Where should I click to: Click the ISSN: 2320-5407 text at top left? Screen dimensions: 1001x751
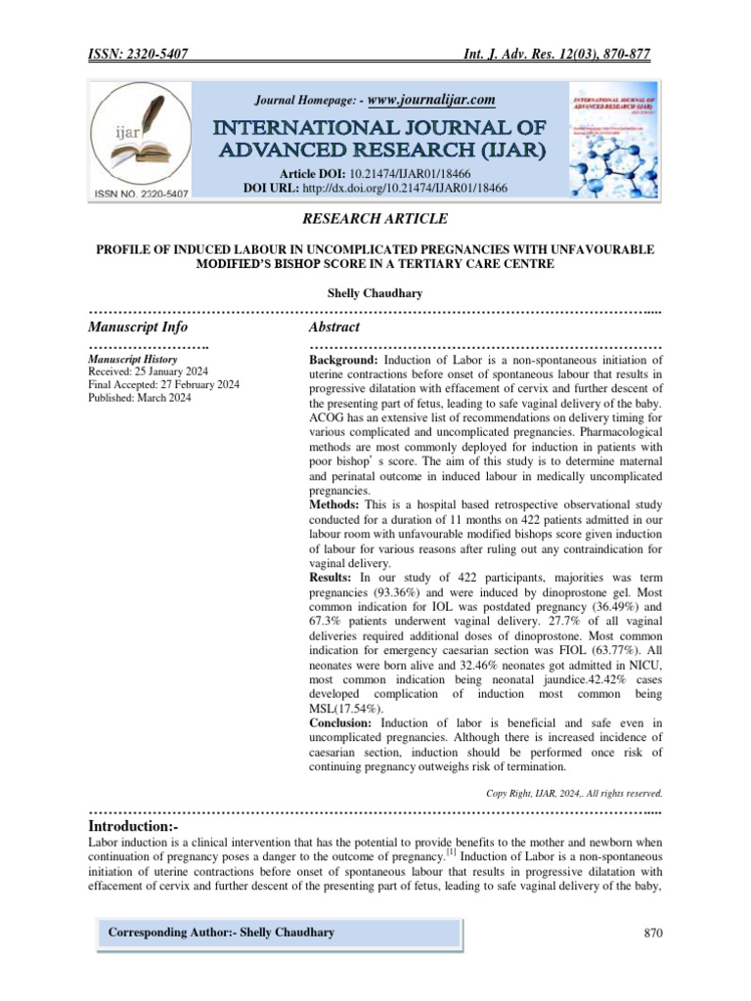tap(138, 57)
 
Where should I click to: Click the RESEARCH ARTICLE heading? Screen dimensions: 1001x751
tap(375, 219)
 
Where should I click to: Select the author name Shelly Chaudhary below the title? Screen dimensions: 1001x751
tap(375, 292)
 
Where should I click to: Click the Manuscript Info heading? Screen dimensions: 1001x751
tap(138, 326)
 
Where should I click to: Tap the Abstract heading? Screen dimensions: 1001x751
tap(334, 326)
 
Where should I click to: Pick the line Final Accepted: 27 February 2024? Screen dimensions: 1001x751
tap(163, 385)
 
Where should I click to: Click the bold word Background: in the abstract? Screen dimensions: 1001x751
tap(344, 360)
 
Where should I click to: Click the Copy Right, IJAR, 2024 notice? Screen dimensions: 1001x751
tap(575, 793)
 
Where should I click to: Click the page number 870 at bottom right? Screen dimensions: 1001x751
tap(653, 933)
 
